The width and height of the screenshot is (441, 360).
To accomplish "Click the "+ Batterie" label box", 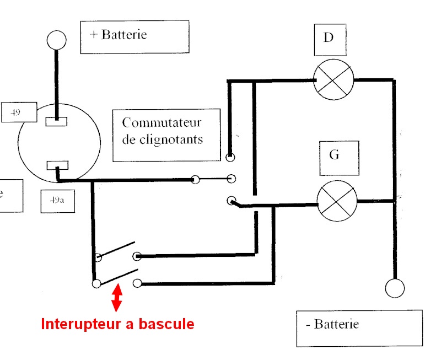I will (135, 36).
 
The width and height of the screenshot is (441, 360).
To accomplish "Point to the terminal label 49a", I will (58, 201).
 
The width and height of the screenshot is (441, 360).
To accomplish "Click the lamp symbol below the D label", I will (333, 79).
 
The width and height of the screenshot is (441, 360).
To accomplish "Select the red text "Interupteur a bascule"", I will (117, 324).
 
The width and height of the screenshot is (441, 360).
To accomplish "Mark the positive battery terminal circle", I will (56, 40).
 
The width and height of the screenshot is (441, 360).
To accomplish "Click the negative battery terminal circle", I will (395, 288).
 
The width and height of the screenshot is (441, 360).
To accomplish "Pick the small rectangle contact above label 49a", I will (57, 165).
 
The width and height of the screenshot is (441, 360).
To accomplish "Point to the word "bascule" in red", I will (168, 324).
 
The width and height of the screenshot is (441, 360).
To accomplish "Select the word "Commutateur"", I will (163, 122).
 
